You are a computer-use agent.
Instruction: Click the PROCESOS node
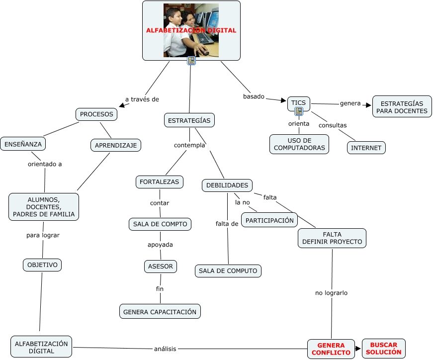pyautogui.click(x=96, y=114)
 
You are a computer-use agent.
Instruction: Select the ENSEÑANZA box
pyautogui.click(x=23, y=144)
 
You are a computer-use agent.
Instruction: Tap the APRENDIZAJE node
pyautogui.click(x=116, y=145)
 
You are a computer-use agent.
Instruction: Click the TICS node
pyautogui.click(x=298, y=103)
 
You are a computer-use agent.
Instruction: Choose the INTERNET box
pyautogui.click(x=366, y=148)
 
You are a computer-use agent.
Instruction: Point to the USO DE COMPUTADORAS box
pyautogui.click(x=299, y=144)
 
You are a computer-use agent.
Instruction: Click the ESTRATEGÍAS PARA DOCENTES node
pyautogui.click(x=402, y=107)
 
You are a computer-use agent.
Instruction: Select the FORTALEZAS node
pyautogui.click(x=159, y=182)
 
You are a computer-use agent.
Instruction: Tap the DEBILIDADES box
pyautogui.click(x=227, y=185)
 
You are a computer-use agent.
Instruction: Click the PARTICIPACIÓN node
pyautogui.click(x=269, y=220)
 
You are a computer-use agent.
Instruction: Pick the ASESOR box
pyautogui.click(x=161, y=267)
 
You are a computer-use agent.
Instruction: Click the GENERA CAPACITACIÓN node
pyautogui.click(x=160, y=312)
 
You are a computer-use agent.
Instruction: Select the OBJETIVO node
pyautogui.click(x=42, y=265)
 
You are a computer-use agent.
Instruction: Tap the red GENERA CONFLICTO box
pyautogui.click(x=331, y=349)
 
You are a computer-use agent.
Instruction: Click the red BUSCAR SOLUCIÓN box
pyautogui.click(x=383, y=349)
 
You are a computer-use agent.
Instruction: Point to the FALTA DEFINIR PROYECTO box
pyautogui.click(x=332, y=238)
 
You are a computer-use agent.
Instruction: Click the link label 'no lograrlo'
pyautogui.click(x=331, y=293)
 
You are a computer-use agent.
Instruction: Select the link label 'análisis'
pyautogui.click(x=165, y=349)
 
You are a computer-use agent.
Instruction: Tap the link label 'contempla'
pyautogui.click(x=189, y=146)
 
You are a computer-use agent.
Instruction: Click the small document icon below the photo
pyautogui.click(x=191, y=61)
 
